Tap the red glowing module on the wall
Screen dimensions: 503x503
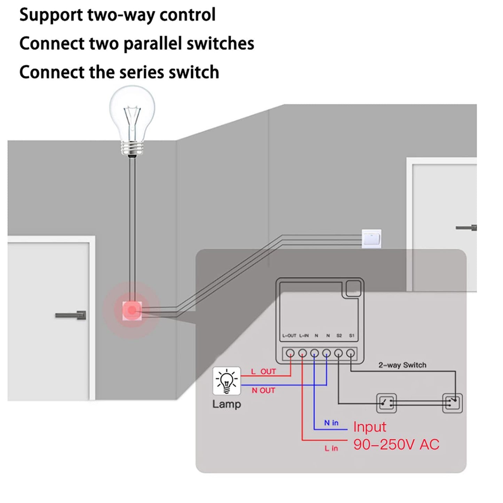(132, 310)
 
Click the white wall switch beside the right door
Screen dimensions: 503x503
(371, 238)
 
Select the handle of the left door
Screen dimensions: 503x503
(71, 315)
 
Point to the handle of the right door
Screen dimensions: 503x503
(466, 228)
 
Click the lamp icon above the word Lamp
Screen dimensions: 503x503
(227, 381)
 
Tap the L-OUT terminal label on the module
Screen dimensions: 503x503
(289, 336)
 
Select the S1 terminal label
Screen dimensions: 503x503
(352, 336)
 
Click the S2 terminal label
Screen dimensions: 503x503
(339, 336)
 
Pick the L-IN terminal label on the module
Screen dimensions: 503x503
(304, 336)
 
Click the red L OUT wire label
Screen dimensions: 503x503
(264, 372)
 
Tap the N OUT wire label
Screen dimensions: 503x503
(264, 391)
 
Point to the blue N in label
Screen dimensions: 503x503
(331, 423)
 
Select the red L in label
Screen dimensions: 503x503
(331, 448)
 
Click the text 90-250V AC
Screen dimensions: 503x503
(396, 445)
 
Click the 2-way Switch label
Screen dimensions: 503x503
(402, 365)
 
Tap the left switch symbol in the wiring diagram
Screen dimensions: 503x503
(386, 403)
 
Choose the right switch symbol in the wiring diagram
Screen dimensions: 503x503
(452, 403)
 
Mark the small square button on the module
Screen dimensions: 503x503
(353, 288)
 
